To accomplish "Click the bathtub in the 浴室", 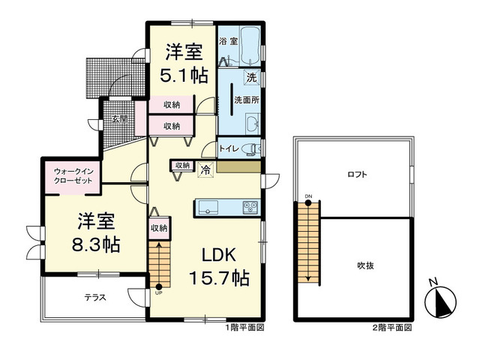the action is click(250, 46).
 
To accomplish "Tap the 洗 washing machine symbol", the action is click(251, 78).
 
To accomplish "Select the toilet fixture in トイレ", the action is click(251, 148).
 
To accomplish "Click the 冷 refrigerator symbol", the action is click(206, 169).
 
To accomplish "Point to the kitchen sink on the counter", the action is click(208, 208).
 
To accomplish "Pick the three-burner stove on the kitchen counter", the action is click(250, 208).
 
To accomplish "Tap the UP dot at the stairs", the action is click(159, 286).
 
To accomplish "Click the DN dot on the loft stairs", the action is click(308, 203).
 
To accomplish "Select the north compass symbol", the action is click(440, 301).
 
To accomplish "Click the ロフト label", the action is click(358, 175).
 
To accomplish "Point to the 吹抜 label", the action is click(365, 265).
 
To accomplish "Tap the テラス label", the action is click(95, 298).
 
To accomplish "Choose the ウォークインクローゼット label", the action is click(73, 176).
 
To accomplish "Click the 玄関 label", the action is click(119, 119).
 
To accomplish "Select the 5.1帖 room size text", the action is click(184, 76).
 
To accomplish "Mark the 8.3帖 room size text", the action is click(96, 244).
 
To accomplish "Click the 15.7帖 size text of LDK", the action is click(219, 277).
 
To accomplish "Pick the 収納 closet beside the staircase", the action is click(160, 228).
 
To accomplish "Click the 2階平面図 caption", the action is click(392, 328).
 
